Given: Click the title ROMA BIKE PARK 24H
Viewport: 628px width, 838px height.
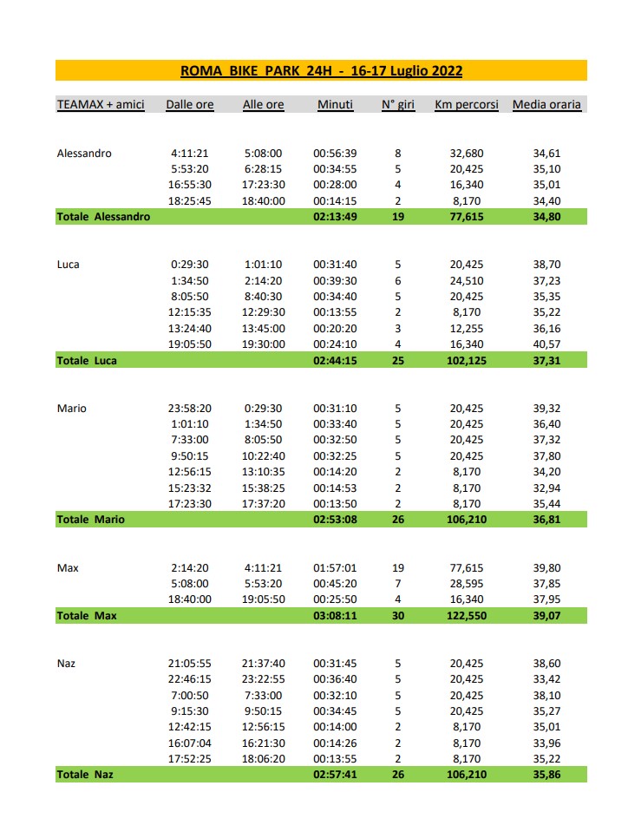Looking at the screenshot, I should [x=321, y=71].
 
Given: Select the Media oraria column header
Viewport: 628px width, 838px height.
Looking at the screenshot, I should [x=546, y=105].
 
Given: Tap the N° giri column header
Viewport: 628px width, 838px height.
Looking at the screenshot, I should [x=398, y=105].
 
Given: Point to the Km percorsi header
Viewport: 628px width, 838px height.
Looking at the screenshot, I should [x=467, y=105].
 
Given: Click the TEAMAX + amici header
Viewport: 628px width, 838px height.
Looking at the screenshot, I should [x=101, y=105].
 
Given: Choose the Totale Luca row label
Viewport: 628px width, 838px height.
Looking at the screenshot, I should [x=87, y=360].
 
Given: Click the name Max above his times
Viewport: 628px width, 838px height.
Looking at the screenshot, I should [x=68, y=567].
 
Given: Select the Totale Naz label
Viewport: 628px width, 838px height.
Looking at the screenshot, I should [x=85, y=773].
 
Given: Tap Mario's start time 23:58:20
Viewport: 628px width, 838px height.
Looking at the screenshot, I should [x=190, y=409].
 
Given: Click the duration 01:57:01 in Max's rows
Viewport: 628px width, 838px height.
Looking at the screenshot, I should [x=334, y=567].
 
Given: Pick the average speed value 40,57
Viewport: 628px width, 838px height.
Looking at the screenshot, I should [x=547, y=344].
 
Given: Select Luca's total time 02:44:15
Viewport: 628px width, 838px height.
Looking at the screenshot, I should [x=334, y=360].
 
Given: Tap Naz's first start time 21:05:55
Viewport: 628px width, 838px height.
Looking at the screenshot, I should [x=190, y=663].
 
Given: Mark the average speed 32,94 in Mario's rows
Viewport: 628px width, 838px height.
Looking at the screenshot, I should [x=547, y=488].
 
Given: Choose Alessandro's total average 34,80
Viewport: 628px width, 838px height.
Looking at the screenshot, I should [x=547, y=217].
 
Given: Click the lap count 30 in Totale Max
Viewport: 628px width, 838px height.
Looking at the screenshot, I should [x=398, y=615].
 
